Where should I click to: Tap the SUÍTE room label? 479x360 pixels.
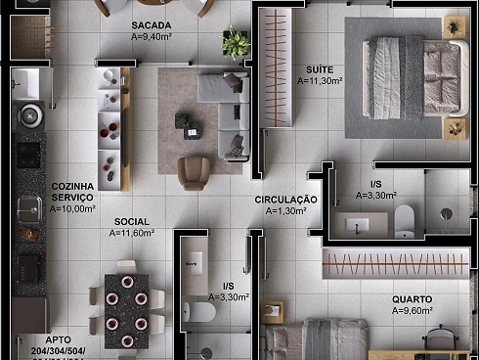320,69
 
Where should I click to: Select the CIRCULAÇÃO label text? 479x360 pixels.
285,200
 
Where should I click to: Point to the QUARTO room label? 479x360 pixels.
413,299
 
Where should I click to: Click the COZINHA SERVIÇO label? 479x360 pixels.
72,191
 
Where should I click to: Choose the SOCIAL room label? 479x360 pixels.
131,222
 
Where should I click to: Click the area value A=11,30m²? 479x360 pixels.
320,81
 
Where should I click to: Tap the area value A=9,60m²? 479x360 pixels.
413,311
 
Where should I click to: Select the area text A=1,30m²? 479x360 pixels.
285,211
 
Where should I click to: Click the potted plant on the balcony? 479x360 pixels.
235,41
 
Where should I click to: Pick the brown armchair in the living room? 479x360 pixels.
193,173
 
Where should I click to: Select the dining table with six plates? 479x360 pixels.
126,309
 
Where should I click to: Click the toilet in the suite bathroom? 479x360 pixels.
406,222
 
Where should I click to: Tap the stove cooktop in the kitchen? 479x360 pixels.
27,155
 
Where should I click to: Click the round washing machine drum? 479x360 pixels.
29,114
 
